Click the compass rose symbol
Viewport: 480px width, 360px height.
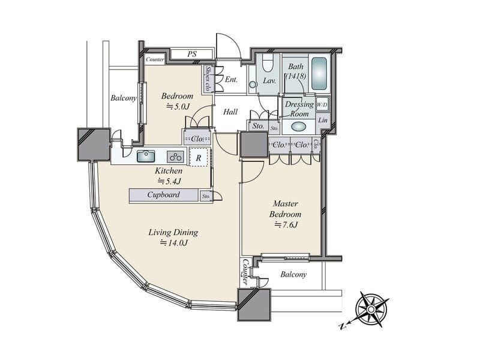(371, 310)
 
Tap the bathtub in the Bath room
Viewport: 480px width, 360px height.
(319, 73)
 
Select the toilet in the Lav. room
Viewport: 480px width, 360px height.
(268, 63)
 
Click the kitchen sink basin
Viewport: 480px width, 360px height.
(146, 156)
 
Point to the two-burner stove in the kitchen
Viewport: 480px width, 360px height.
(176, 157)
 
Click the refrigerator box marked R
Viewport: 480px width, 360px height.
(199, 158)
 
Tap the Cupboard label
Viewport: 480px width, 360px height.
(163, 194)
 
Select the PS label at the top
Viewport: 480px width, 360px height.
(191, 54)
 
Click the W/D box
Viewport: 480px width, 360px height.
(322, 104)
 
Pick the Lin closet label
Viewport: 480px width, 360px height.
(323, 121)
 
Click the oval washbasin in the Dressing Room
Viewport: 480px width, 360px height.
(299, 127)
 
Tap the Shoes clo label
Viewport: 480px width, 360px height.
(208, 79)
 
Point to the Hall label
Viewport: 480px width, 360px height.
(230, 112)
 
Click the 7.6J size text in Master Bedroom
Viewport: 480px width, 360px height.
(286, 225)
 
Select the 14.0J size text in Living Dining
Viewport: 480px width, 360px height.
(173, 243)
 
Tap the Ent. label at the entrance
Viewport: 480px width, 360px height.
(231, 80)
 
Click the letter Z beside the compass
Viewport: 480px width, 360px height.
(342, 326)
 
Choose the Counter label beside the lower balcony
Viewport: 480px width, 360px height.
(245, 272)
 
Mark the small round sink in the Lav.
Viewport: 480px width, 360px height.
(253, 84)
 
